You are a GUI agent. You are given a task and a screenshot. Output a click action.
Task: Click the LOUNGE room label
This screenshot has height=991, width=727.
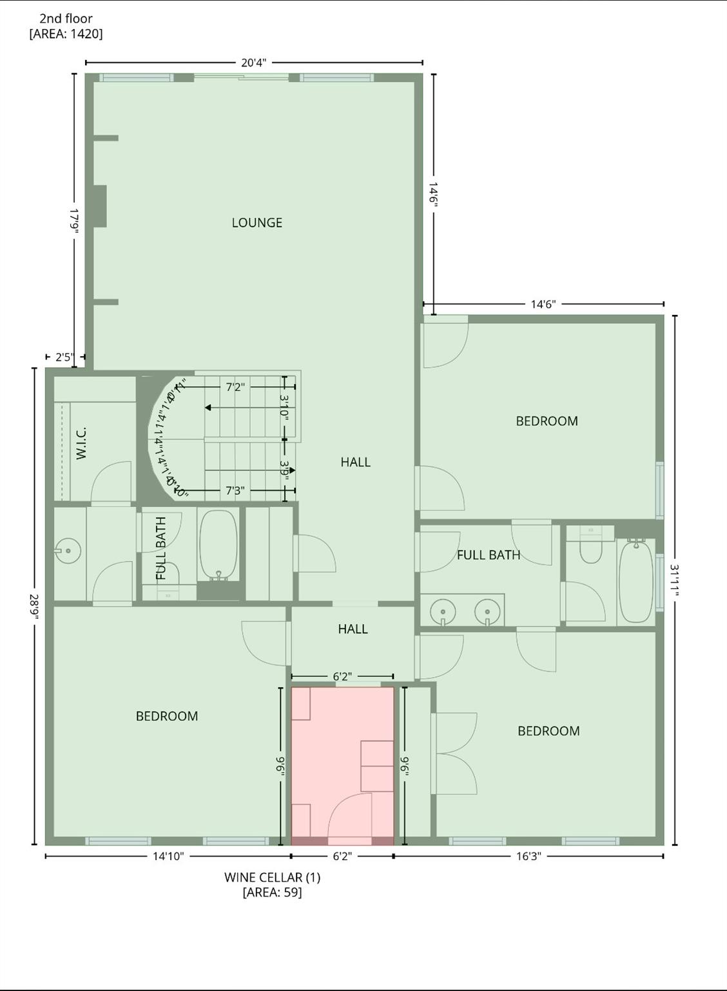point(257,223)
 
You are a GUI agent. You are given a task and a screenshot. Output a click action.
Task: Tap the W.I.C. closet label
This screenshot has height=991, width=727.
point(81,443)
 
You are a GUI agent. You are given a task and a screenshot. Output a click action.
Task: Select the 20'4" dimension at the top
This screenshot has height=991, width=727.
point(253,63)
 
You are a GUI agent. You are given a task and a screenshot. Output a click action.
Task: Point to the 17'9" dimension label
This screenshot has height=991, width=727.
point(74,221)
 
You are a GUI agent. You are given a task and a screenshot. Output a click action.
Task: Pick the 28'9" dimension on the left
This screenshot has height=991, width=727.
point(34,607)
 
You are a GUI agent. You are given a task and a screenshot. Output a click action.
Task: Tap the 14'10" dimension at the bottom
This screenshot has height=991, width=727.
point(168,856)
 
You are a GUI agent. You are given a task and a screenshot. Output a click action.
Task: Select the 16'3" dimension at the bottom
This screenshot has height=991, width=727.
point(528,856)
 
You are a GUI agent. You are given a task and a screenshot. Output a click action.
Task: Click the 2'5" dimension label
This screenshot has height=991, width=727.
point(64,357)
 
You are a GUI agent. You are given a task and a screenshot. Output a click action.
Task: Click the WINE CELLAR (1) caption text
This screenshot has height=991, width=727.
point(272,877)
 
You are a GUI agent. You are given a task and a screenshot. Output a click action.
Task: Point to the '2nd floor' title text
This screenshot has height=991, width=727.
point(66,19)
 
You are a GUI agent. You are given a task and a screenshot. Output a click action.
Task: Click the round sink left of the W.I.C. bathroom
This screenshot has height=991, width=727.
point(67,552)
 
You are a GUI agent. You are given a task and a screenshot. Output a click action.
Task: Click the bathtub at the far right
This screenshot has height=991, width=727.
point(636,581)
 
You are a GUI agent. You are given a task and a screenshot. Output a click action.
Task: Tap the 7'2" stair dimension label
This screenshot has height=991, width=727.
point(235,387)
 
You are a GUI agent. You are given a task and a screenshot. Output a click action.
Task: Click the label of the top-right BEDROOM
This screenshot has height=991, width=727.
point(547,421)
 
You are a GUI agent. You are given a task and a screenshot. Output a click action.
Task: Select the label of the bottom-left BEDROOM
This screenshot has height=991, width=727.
point(166,716)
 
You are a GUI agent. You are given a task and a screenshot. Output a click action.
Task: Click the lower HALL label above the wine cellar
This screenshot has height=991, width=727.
point(353,629)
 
